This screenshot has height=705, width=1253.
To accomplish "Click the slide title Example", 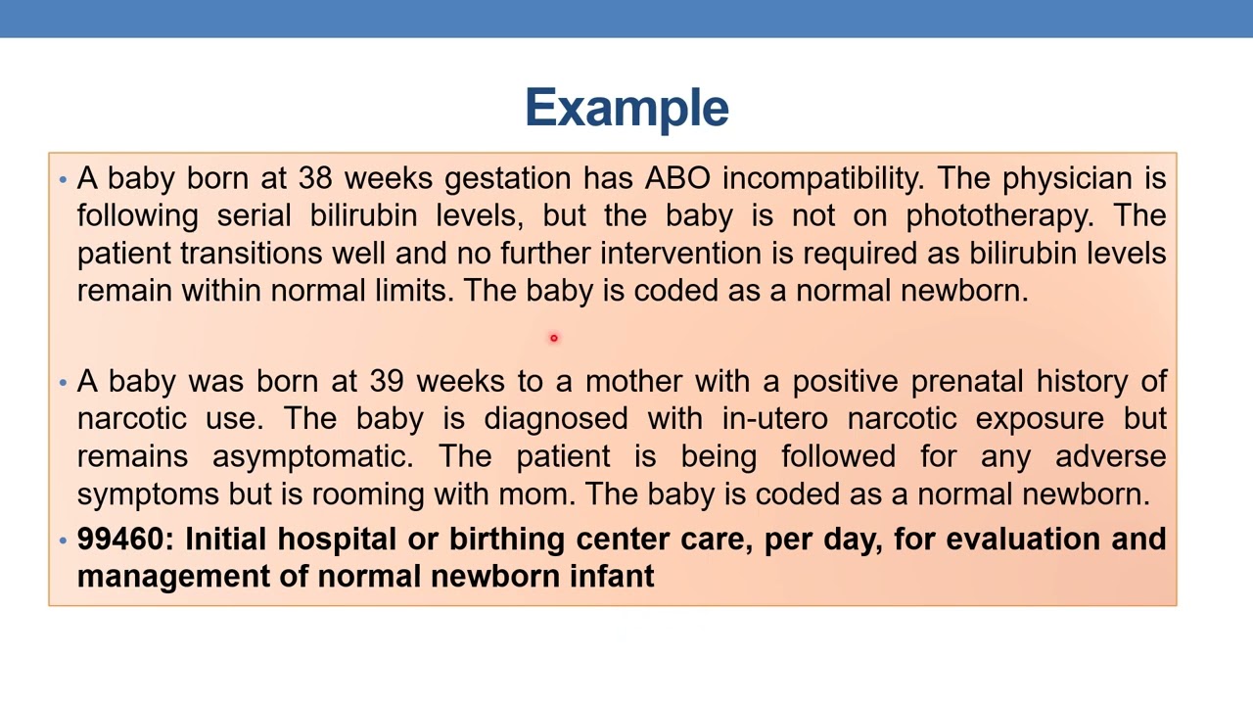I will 626,108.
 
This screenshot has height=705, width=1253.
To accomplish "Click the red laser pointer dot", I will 553,338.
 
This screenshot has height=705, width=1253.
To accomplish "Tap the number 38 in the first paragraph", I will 315,178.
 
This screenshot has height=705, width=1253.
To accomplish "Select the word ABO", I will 677,178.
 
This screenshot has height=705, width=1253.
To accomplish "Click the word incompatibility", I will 821,178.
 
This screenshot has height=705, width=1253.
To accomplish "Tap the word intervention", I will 680,253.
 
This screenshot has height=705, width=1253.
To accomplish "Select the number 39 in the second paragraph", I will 387,381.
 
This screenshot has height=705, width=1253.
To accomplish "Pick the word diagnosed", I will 555,419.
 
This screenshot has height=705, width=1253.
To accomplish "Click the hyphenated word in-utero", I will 774,419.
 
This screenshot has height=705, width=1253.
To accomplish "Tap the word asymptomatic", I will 312,456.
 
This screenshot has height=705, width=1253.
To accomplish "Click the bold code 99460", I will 124,539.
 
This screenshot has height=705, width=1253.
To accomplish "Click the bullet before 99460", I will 63,540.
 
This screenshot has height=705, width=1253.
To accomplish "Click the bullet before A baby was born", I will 63,382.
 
